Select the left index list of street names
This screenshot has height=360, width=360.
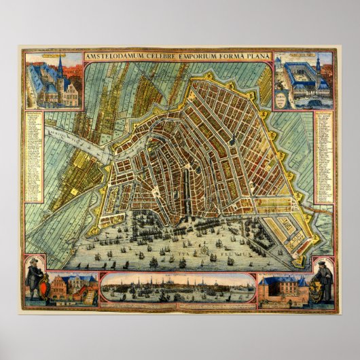[34, 156]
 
